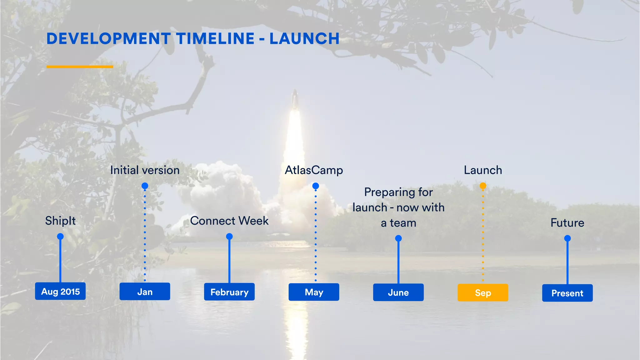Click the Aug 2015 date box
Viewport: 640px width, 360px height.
[60, 291]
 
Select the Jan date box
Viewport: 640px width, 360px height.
[145, 292]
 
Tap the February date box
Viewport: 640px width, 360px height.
[229, 292]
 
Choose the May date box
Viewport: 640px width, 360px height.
[314, 292]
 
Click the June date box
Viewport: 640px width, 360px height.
[398, 292]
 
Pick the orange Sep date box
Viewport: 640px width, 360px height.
[483, 293]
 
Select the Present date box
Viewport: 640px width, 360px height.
[567, 293]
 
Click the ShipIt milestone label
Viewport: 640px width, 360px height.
[60, 221]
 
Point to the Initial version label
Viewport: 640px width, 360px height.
[145, 170]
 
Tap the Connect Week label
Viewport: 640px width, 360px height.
[229, 221]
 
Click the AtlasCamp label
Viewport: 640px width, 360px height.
[314, 170]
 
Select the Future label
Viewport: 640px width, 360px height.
[567, 223]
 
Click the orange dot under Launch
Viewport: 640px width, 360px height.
[483, 186]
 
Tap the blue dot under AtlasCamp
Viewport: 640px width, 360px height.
[316, 186]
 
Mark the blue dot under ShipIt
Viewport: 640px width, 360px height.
[60, 236]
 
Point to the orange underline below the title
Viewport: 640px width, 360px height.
[80, 67]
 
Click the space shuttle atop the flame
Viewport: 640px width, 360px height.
[294, 98]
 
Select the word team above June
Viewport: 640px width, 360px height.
[403, 223]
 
